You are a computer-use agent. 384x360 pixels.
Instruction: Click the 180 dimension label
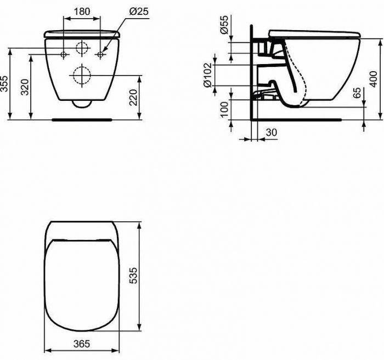(82, 11)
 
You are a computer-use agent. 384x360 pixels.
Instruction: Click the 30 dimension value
(270, 132)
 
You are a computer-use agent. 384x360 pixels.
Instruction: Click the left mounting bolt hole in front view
(64, 54)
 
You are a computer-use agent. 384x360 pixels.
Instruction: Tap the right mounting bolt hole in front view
(100, 54)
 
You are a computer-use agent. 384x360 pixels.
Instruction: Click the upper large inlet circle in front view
(82, 48)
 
